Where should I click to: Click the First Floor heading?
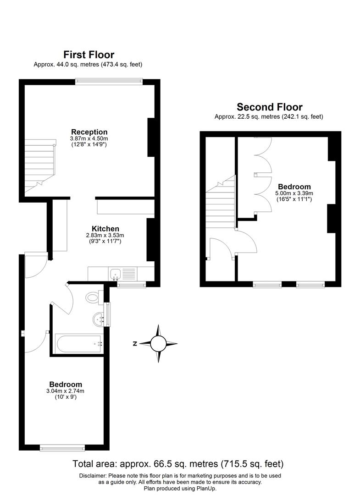tap(89, 55)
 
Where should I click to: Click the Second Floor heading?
tap(269, 107)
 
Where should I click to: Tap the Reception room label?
tap(89, 132)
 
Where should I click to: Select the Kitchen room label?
tap(105, 229)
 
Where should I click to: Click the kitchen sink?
tap(115, 274)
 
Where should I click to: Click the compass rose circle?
tap(158, 343)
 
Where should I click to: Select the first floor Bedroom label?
tap(66, 384)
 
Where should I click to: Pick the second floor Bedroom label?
tap(294, 187)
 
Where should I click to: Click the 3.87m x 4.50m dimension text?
tap(89, 138)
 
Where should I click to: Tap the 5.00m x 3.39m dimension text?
tap(294, 193)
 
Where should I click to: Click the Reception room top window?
tap(109, 82)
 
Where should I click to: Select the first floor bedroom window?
tap(62, 447)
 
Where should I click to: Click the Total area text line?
tap(178, 463)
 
